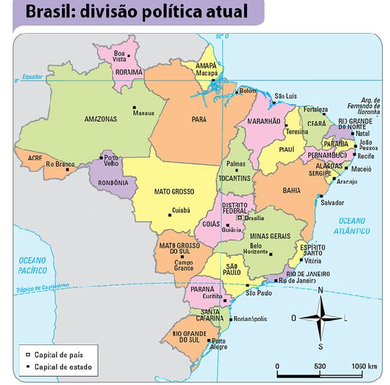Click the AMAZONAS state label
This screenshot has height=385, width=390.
[x=100, y=119]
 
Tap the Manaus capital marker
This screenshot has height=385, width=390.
[x=134, y=107]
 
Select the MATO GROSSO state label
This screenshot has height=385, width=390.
[x=173, y=191]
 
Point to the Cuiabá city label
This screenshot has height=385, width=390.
[x=181, y=210]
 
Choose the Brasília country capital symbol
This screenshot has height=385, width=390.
[x=239, y=217]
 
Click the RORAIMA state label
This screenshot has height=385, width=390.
[x=129, y=71]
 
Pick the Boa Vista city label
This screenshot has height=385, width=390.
[x=120, y=56]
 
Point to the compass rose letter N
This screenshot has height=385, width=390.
[x=320, y=291]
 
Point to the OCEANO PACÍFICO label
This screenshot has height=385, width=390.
[x=32, y=265]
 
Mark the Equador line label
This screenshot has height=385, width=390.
[x=32, y=77]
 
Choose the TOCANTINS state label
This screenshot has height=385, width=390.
[x=235, y=177]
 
